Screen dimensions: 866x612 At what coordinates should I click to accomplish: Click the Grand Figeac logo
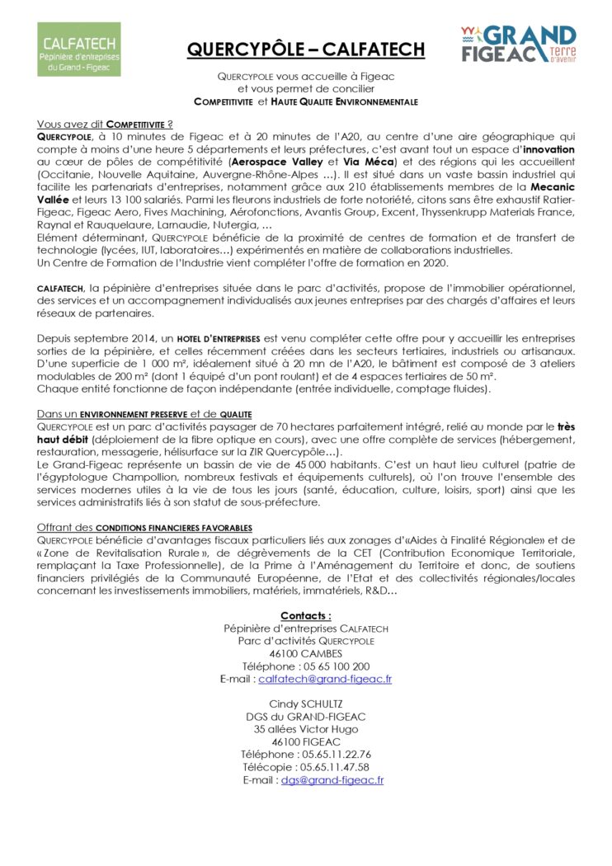pyautogui.click(x=518, y=45)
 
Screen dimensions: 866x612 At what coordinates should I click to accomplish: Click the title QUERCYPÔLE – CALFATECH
pyautogui.click(x=306, y=49)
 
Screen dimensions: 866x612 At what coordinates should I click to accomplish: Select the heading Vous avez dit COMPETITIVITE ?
pyautogui.click(x=105, y=123)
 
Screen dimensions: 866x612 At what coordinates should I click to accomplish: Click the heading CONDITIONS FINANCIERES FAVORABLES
pyautogui.click(x=144, y=527)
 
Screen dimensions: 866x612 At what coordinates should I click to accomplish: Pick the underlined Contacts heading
pyautogui.click(x=306, y=615)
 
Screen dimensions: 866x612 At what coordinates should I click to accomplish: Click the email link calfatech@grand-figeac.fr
pyautogui.click(x=325, y=679)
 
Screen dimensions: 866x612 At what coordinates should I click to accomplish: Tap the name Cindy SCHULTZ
pyautogui.click(x=306, y=704)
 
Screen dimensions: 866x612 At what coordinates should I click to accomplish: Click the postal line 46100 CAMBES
pyautogui.click(x=306, y=653)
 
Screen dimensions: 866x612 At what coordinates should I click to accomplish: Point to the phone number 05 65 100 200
pyautogui.click(x=335, y=666)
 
